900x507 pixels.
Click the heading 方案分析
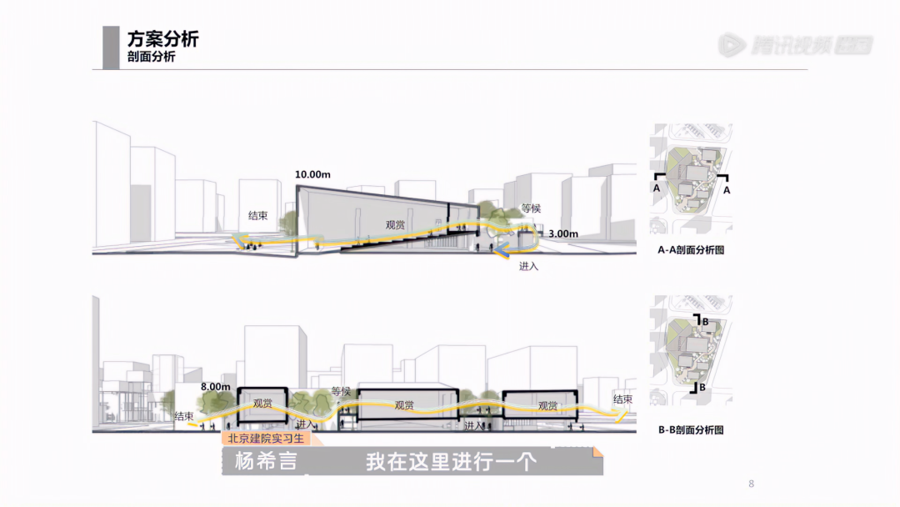(162, 39)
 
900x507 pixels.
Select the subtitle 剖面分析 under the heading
(151, 58)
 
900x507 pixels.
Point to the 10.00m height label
(312, 174)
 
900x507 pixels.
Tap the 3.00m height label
(562, 234)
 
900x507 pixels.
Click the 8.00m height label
(215, 387)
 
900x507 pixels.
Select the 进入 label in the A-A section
(529, 266)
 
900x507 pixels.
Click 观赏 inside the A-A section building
(395, 224)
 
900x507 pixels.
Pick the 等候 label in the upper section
(531, 208)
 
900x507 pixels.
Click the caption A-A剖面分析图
(690, 249)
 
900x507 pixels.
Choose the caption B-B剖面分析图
(690, 430)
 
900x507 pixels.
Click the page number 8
(751, 484)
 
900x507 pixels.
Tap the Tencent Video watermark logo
(795, 44)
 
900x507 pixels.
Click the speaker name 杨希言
(265, 461)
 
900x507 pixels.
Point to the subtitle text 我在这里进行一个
(450, 461)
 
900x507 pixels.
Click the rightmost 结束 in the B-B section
(622, 399)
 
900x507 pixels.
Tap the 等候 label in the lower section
(341, 391)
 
